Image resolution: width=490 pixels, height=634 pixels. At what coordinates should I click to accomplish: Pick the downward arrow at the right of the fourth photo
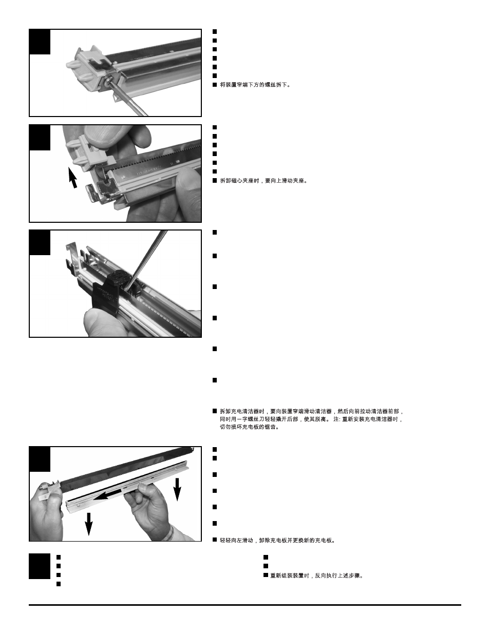point(177,489)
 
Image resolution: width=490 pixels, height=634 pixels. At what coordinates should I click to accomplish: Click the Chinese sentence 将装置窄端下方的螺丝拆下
point(255,85)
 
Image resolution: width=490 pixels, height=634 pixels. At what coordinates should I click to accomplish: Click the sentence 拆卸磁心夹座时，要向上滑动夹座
point(263,181)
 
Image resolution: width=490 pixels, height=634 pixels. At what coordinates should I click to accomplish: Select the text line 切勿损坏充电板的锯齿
point(250,427)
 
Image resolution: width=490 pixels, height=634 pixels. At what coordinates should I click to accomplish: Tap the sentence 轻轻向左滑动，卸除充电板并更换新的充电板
point(277,541)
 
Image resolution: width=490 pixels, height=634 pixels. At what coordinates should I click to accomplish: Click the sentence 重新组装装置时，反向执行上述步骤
point(316,575)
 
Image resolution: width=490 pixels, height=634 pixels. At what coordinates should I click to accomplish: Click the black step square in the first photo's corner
point(40,42)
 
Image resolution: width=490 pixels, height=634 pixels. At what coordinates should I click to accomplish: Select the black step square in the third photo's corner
point(40,242)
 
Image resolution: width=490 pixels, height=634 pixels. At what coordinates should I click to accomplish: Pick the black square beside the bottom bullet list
point(40,566)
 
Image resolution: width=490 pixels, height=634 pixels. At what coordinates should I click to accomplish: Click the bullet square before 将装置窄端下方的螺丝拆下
point(215,85)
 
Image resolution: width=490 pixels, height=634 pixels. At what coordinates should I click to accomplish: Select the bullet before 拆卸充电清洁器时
point(215,411)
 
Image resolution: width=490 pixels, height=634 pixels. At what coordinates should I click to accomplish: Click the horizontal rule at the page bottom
point(245,605)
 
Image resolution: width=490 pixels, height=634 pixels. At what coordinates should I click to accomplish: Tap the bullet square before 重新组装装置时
point(266,575)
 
